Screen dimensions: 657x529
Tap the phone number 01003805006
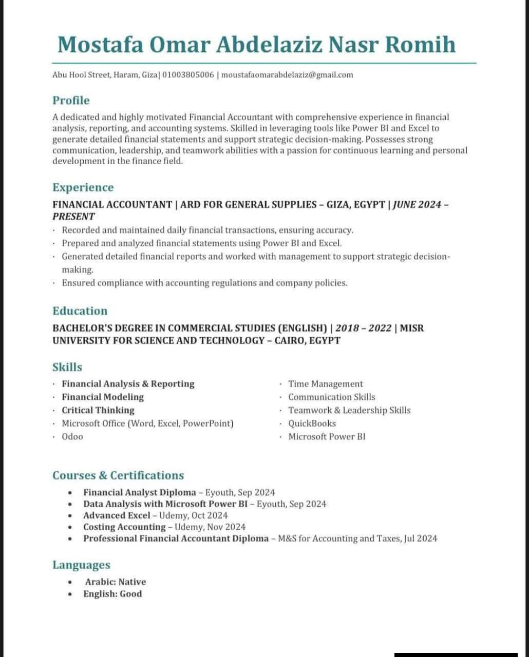coord(188,75)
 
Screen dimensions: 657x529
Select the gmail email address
coord(287,75)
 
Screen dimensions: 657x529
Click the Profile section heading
coord(71,100)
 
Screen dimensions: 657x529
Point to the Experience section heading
coord(83,187)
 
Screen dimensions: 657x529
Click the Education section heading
coord(80,311)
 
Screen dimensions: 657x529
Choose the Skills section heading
coord(67,367)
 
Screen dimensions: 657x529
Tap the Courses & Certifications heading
coord(118,475)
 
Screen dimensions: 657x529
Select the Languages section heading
coord(81,565)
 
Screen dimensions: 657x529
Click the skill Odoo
coord(72,437)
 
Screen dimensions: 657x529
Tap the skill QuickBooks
coord(312,423)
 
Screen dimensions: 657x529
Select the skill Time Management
coord(325,384)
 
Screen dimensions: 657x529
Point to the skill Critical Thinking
coord(98,410)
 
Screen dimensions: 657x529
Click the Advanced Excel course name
coord(117,515)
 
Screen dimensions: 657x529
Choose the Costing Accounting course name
coord(124,527)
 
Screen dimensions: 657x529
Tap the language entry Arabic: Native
coord(116,582)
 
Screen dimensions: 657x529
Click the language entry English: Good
coord(112,594)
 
